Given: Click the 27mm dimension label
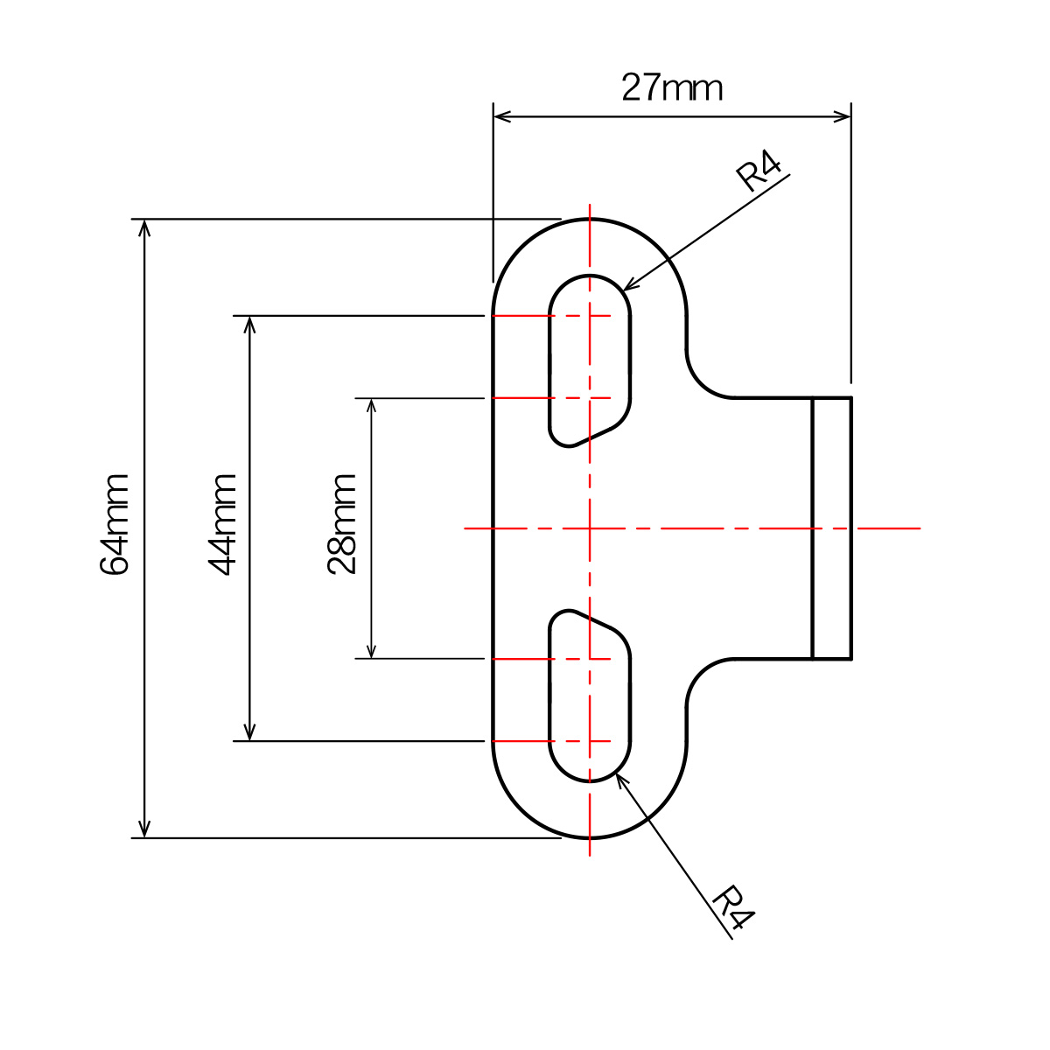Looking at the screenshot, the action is (x=671, y=87).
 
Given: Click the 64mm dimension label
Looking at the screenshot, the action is (x=114, y=524).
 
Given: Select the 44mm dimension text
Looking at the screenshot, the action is (x=221, y=525).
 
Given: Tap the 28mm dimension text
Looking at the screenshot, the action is (x=341, y=524).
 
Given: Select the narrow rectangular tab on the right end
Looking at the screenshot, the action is (x=831, y=528).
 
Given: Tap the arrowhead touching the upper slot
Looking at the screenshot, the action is (x=629, y=284).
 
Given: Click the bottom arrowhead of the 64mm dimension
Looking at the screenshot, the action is (x=143, y=829).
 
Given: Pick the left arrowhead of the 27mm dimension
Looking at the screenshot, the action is (x=502, y=116).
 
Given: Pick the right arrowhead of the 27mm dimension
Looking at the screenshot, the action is (x=842, y=116).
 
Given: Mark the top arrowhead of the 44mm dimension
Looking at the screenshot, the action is (x=249, y=325).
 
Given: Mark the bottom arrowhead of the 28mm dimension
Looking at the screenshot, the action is (x=371, y=650).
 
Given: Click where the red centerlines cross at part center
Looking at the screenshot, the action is (x=590, y=528).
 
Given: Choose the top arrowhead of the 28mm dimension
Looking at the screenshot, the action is (x=371, y=408).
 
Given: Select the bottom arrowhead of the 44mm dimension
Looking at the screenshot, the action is (x=249, y=731).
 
